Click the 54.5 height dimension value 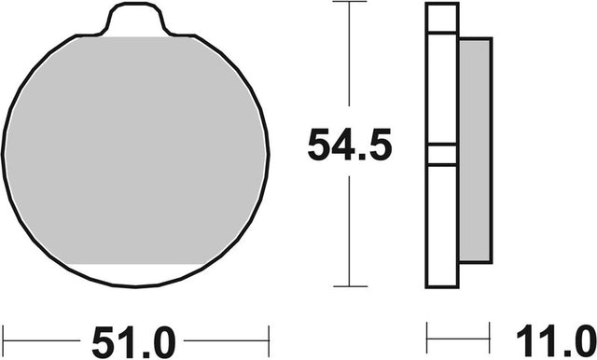point(350,145)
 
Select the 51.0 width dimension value point(133,342)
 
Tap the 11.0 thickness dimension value point(557,340)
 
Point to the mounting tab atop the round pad point(135,19)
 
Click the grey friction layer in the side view point(475,151)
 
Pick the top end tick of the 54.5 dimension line point(349,2)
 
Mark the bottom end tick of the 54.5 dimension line point(350,286)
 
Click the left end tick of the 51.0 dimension point(3,340)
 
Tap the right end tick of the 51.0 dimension point(269,340)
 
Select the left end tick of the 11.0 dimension point(427,338)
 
